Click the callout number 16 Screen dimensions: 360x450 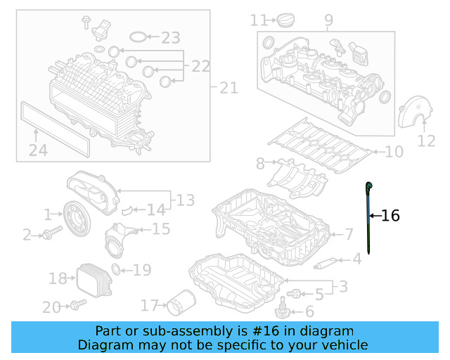point(390,216)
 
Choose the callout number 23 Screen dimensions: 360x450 point(170,37)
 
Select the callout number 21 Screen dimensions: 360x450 point(229,88)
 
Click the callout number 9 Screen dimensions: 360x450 point(328,21)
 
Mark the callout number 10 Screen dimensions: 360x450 point(394,151)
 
